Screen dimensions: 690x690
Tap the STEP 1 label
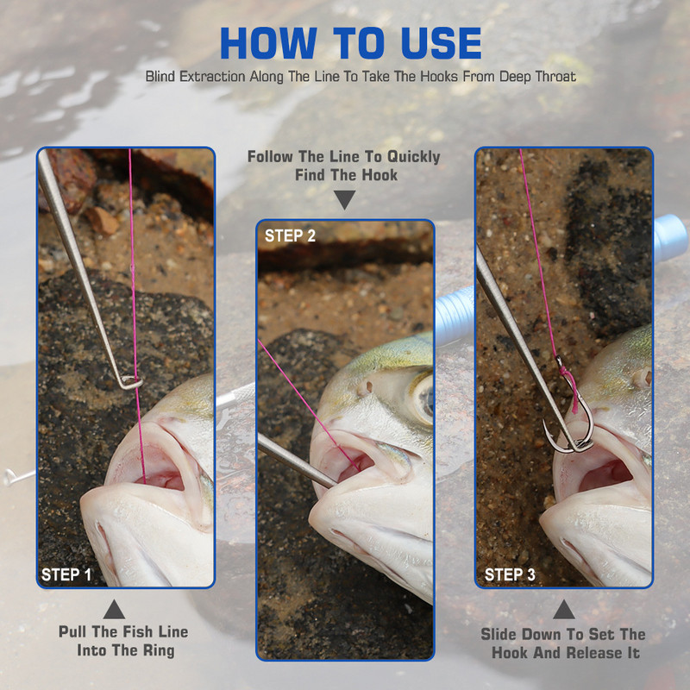(x=66, y=574)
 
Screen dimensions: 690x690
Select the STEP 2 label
(x=290, y=235)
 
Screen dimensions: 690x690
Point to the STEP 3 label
(x=510, y=574)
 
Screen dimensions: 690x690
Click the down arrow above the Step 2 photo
(x=344, y=199)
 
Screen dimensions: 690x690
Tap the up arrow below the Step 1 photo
(x=114, y=610)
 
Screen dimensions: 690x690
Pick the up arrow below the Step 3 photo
(x=564, y=610)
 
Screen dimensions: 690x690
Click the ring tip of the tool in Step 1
(x=131, y=382)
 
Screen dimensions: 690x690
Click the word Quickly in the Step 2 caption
(x=414, y=157)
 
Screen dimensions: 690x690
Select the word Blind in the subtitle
(x=160, y=77)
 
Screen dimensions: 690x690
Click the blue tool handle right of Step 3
(x=671, y=235)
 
